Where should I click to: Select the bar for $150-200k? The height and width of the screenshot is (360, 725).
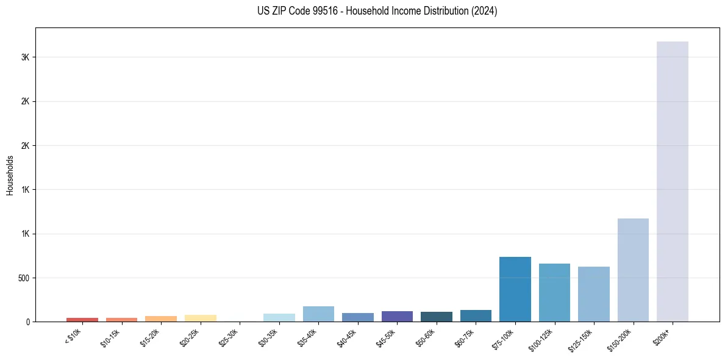633,270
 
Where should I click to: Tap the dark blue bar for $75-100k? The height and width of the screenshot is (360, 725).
515,289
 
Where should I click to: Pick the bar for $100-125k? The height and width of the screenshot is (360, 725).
554,292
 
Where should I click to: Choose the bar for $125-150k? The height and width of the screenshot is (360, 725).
593,294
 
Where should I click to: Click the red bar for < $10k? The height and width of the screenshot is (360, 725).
82,319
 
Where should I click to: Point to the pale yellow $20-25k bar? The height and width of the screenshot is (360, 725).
200,318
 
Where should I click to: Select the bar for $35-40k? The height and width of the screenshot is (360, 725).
318,314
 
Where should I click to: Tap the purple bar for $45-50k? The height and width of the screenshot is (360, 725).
397,316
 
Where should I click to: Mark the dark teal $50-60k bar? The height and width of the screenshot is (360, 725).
436,317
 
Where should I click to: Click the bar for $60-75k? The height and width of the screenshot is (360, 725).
476,315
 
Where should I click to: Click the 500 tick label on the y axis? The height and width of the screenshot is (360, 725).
24,278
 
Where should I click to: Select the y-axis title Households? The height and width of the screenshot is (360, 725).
10,175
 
